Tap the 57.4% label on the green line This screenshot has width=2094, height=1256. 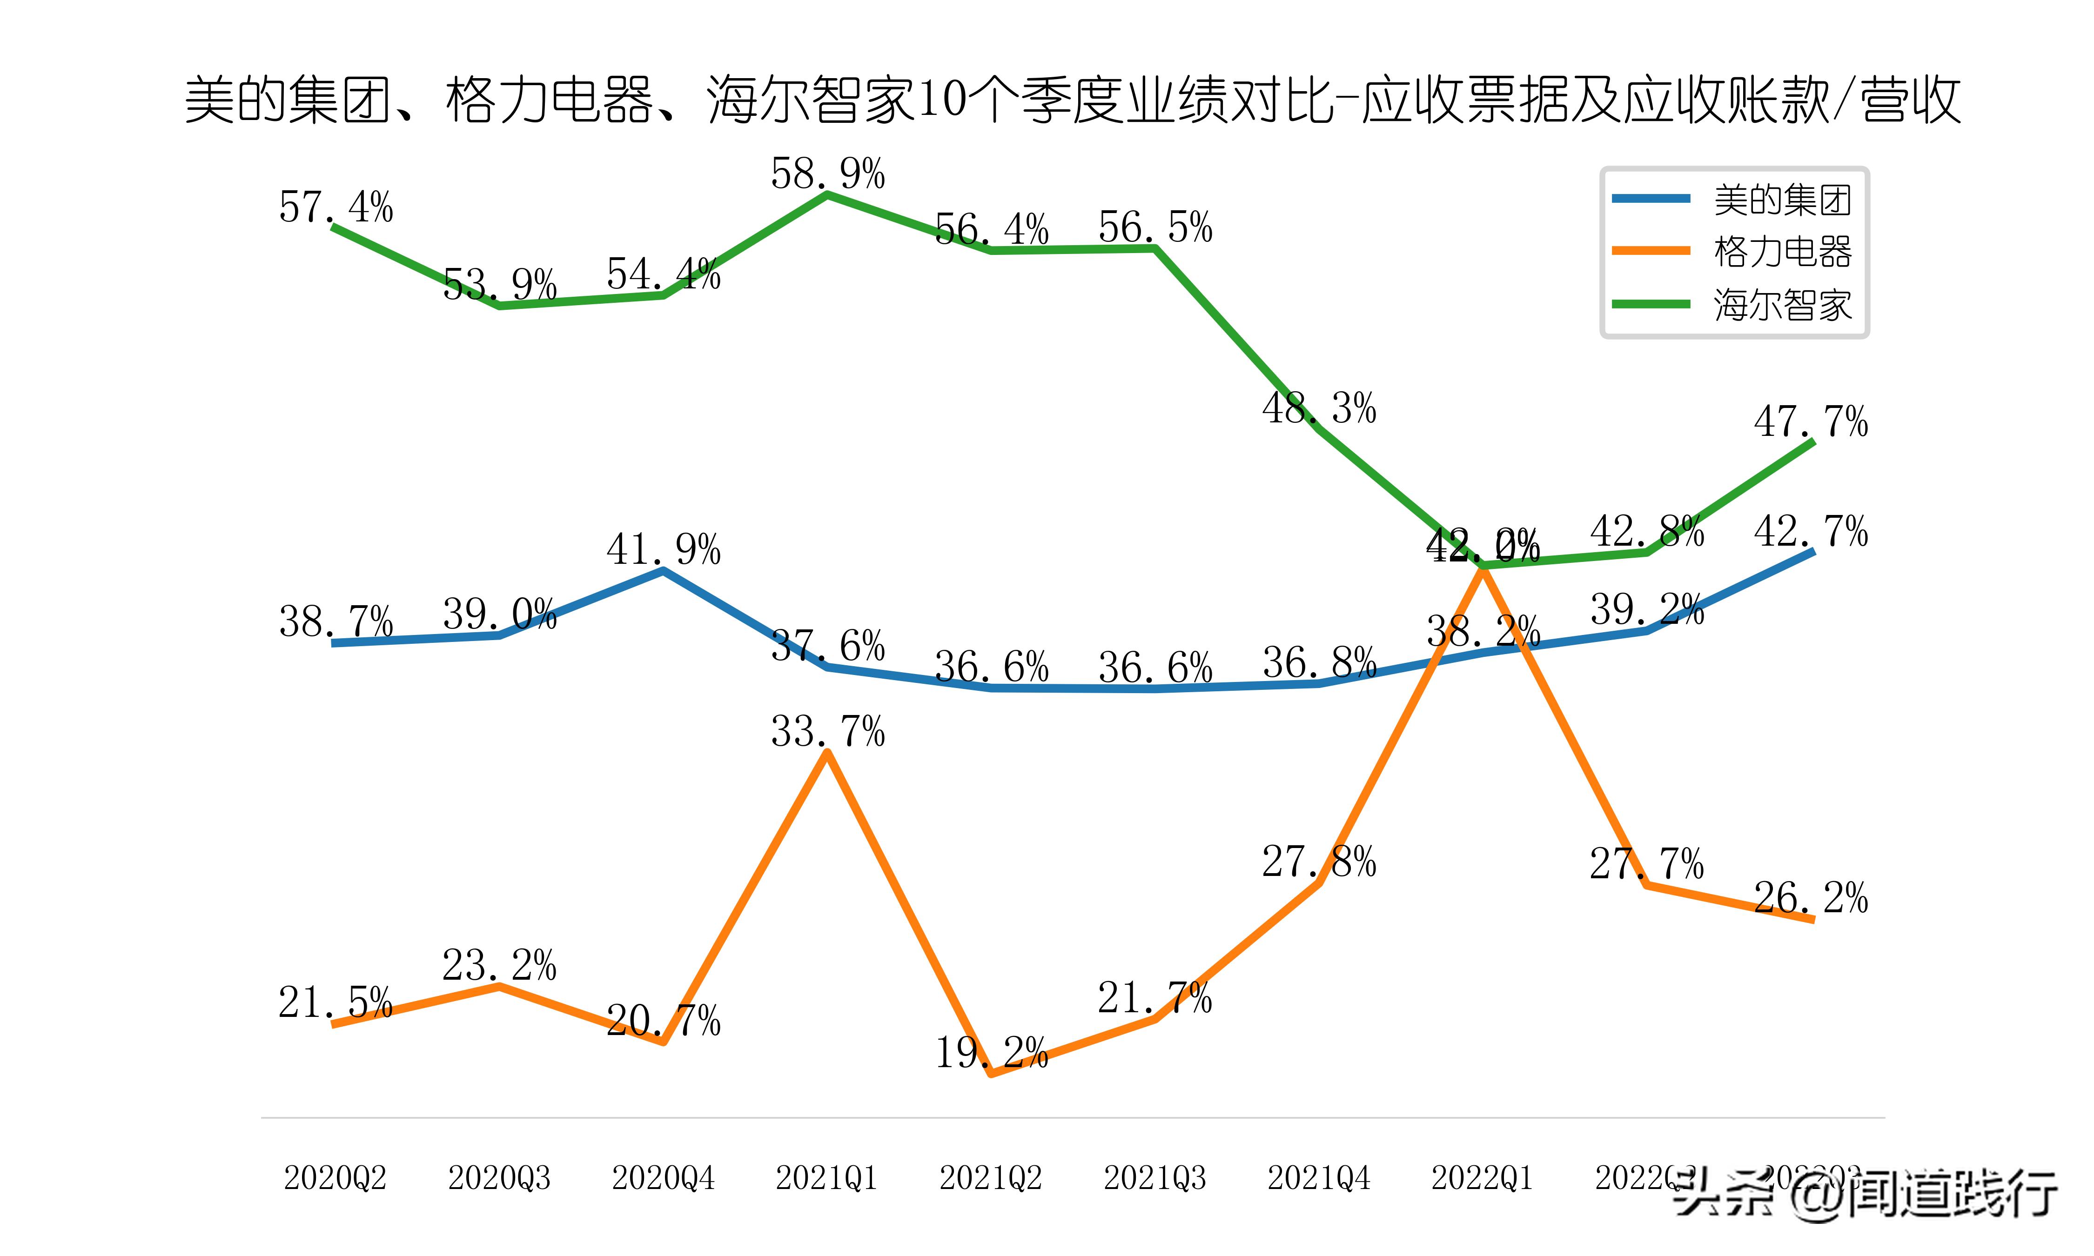336,207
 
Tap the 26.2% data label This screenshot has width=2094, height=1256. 1811,898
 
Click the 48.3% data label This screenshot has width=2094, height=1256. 1319,409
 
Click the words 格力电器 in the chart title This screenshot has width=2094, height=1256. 550,100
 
